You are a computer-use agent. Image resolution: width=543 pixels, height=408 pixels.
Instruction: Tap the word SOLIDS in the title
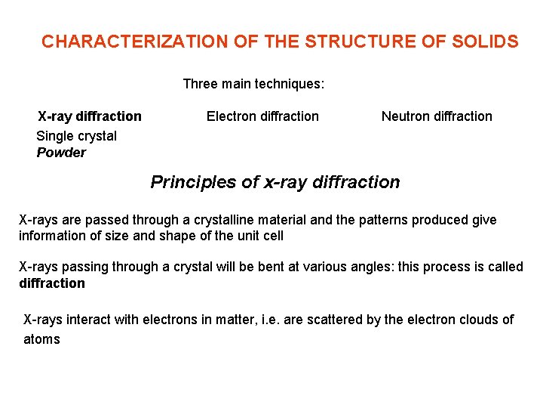click(489, 42)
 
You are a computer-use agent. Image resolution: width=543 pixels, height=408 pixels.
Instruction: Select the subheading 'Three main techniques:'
click(253, 84)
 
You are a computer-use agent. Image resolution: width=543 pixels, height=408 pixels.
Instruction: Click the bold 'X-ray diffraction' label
click(90, 116)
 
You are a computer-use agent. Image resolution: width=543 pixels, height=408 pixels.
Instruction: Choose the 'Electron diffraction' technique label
click(262, 116)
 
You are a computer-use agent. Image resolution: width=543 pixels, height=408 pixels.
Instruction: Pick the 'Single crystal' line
click(76, 136)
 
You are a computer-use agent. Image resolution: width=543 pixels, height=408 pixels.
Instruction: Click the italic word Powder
click(61, 153)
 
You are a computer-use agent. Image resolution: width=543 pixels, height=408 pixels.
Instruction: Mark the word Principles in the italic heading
click(185, 182)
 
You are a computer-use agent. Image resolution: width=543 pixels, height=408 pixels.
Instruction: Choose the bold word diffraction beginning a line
click(52, 283)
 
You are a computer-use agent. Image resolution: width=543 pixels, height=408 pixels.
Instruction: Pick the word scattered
click(333, 320)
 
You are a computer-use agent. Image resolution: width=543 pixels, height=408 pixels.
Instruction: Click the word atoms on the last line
click(41, 339)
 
